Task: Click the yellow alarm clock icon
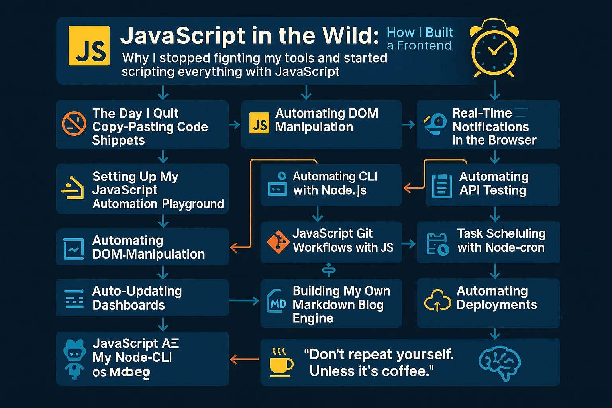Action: (x=494, y=49)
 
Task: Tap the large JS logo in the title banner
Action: (x=89, y=45)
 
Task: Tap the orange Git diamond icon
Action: (x=278, y=242)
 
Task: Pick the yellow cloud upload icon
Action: (x=437, y=301)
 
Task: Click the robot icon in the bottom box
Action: (x=75, y=358)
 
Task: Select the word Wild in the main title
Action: (x=351, y=36)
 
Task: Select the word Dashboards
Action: (x=129, y=305)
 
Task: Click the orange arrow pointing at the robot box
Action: (x=244, y=360)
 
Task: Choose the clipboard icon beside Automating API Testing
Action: (x=442, y=186)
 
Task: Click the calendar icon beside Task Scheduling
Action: (x=437, y=244)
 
